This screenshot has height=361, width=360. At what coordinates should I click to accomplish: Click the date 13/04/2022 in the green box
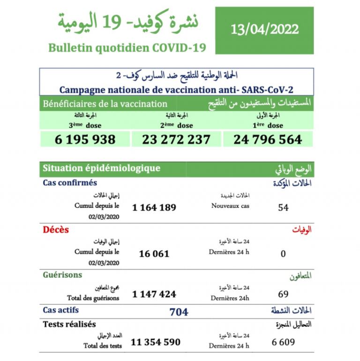click(x=264, y=30)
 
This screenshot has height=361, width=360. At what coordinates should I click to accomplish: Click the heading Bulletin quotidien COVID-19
click(x=127, y=48)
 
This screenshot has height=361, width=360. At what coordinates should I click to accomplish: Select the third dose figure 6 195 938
click(x=85, y=139)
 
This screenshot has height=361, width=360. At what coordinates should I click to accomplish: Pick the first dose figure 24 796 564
click(x=267, y=139)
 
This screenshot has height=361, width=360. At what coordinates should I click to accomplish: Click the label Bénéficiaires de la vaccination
click(x=105, y=104)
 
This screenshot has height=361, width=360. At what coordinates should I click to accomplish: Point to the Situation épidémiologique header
click(x=101, y=168)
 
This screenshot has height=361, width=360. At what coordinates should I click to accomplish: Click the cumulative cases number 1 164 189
click(x=154, y=207)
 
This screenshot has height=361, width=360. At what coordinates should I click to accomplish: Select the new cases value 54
click(x=283, y=207)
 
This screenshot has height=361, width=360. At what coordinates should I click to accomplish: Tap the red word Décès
click(x=56, y=230)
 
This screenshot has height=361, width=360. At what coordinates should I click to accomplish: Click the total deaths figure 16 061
click(x=154, y=253)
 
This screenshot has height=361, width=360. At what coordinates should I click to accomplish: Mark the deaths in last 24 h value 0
click(x=283, y=253)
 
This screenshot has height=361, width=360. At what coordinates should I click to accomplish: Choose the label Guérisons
click(x=62, y=275)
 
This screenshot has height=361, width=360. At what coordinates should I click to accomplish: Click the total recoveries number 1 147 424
click(x=154, y=294)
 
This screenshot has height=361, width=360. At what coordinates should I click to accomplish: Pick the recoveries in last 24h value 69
click(x=283, y=294)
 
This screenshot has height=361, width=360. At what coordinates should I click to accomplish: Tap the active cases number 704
click(x=179, y=312)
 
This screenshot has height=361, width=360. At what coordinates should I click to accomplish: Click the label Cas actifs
click(x=61, y=310)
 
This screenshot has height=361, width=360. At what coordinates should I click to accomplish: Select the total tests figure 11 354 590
click(x=155, y=342)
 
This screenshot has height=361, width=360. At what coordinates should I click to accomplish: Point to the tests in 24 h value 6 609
click(x=283, y=342)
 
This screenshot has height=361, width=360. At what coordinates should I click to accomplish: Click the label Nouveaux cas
click(x=230, y=206)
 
